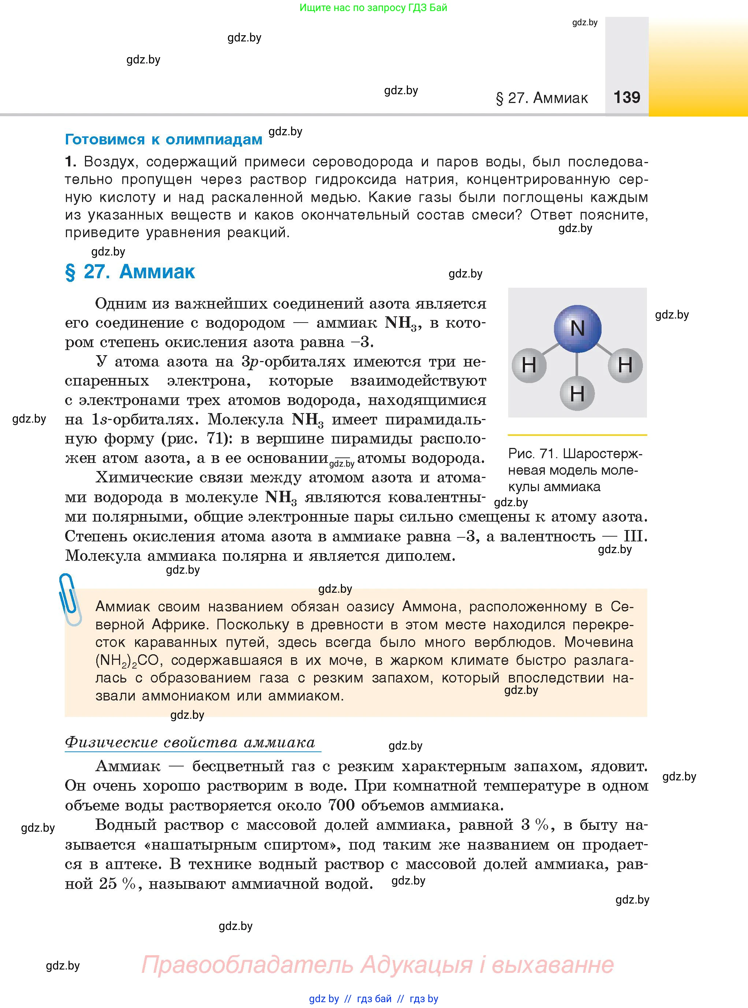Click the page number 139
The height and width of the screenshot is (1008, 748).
(x=627, y=97)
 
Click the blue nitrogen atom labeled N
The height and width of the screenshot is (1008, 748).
(x=577, y=328)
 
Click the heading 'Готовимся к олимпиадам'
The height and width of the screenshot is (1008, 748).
(x=163, y=139)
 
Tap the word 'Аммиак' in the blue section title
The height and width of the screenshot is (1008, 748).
(x=157, y=272)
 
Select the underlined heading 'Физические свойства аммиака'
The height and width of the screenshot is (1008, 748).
(x=190, y=742)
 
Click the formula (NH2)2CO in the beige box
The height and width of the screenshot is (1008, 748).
(x=127, y=661)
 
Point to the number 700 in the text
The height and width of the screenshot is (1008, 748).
(x=341, y=805)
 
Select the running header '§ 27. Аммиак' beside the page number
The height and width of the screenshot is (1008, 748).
(x=542, y=98)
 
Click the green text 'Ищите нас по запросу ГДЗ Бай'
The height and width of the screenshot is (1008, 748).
(x=373, y=8)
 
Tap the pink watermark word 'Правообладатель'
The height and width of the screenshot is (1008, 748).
(x=247, y=965)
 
